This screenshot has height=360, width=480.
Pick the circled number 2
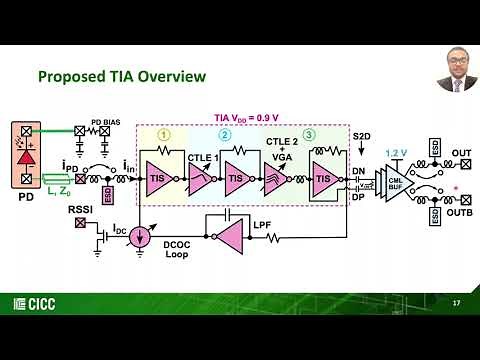pyautogui.click(x=225, y=135)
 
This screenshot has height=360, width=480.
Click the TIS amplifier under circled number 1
pyautogui.click(x=161, y=177)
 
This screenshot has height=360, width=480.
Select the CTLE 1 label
pyautogui.click(x=202, y=155)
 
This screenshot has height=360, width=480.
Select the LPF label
pyautogui.click(x=262, y=226)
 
